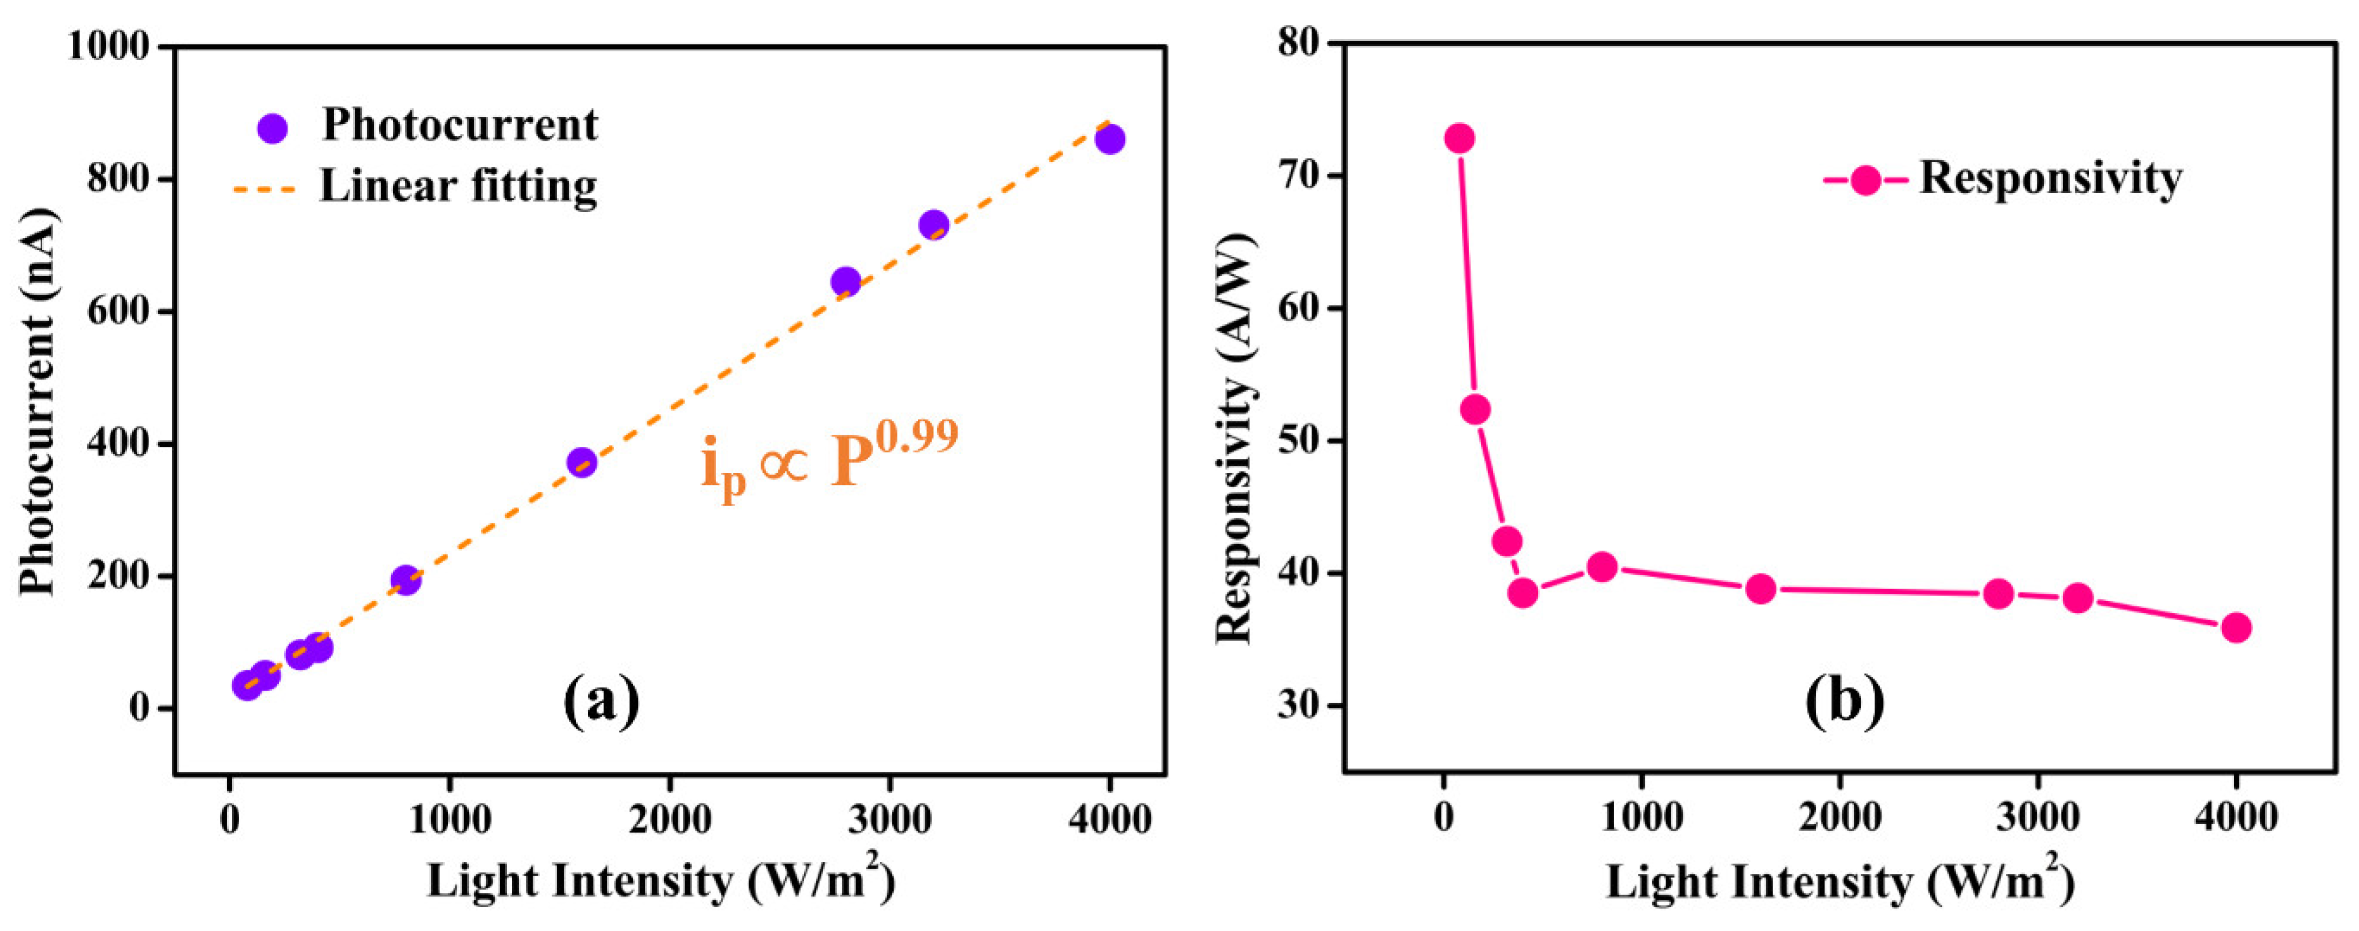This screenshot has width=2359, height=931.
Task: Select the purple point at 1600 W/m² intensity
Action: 582,462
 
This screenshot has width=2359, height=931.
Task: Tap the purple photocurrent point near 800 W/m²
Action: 405,579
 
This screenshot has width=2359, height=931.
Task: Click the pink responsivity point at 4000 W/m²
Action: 2236,628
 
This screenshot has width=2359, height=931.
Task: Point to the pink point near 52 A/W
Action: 1475,409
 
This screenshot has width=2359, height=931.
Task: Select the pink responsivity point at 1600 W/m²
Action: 1760,588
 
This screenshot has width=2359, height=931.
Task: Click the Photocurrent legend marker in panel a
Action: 272,128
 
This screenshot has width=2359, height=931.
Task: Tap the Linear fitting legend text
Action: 458,186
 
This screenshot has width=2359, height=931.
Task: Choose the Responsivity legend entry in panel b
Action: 2049,179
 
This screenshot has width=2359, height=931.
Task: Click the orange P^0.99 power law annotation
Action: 829,458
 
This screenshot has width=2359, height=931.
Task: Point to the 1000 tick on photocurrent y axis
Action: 108,46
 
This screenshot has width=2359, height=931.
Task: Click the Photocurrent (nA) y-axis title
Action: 37,403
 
